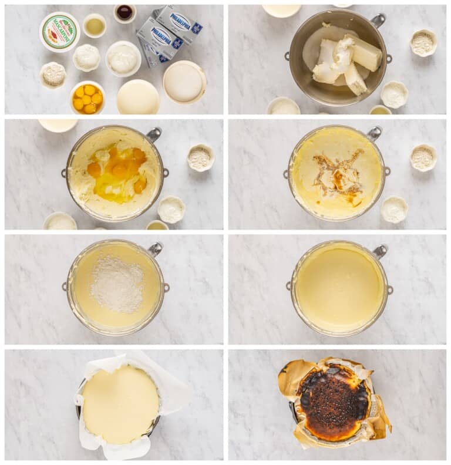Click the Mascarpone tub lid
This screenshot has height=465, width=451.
pyautogui.click(x=59, y=32)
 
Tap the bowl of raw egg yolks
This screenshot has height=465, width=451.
pyautogui.click(x=87, y=99)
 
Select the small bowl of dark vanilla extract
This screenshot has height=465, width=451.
pyautogui.click(x=124, y=12)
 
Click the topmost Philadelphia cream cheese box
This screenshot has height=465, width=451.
pyautogui.click(x=179, y=22)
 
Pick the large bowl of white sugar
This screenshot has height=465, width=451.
pyautogui.click(x=184, y=83)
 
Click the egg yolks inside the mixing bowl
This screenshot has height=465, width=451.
pyautogui.click(x=117, y=171)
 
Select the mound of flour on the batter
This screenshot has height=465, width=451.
pyautogui.click(x=117, y=284)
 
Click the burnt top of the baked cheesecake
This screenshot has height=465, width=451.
pyautogui.click(x=334, y=402)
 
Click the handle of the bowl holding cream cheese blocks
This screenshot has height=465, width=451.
pyautogui.click(x=379, y=21)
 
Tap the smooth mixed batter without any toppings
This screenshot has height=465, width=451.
pyautogui.click(x=339, y=288)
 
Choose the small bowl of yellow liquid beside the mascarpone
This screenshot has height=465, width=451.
pyautogui.click(x=95, y=26)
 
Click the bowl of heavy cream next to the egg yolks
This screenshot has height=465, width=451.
pyautogui.click(x=138, y=97)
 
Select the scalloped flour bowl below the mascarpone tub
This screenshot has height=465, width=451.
pyautogui.click(x=53, y=75)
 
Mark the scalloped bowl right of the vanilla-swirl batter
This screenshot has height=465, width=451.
pyautogui.click(x=422, y=157)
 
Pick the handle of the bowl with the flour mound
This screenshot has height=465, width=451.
pyautogui.click(x=156, y=249)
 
